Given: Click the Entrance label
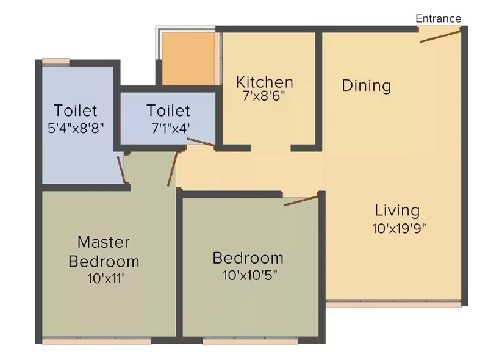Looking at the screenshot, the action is coord(438,19).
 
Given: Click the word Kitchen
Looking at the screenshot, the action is coord(265,82).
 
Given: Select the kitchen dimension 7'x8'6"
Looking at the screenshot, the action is coord(264,96).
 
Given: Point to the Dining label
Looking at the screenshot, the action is coord(367,85).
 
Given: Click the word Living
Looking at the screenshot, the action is coord(397,211).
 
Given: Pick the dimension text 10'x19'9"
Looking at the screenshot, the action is coord(399,229).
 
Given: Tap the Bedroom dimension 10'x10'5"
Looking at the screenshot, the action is coord(249,275).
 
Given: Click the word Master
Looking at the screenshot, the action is coord(103,242).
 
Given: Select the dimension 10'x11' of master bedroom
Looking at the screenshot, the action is coord(106,278).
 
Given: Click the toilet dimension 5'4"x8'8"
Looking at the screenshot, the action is coord(76,128).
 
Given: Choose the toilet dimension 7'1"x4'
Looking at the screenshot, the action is coord(171,128).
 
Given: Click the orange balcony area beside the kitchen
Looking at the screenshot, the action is coord(188,59).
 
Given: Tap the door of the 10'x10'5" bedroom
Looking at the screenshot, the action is coord(301,200).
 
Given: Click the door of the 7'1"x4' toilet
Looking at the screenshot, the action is coord(201,142).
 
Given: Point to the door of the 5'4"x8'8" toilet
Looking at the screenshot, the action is coord(121,170).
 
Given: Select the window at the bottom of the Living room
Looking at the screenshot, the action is coord(393,303).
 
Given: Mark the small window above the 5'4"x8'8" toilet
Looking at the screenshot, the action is coord(56,62).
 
